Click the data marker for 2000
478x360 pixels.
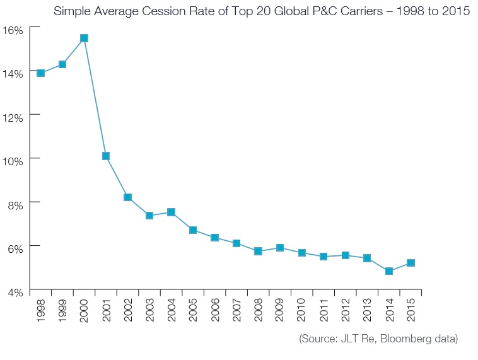[x=84, y=38]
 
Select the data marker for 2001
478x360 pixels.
[x=106, y=156]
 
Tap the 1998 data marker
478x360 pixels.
[x=40, y=73]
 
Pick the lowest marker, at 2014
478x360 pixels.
[x=388, y=271]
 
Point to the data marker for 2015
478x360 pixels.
[x=411, y=262]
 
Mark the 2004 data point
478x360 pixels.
[x=171, y=212]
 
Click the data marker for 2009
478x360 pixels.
[x=280, y=248]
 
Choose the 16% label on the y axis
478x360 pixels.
[x=13, y=30]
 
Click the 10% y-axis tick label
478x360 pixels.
[x=13, y=160]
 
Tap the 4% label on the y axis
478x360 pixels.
[x=15, y=291]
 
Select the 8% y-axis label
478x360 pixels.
[x=15, y=204]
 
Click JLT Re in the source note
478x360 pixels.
[x=354, y=339]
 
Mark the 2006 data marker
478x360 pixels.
[x=214, y=238]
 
